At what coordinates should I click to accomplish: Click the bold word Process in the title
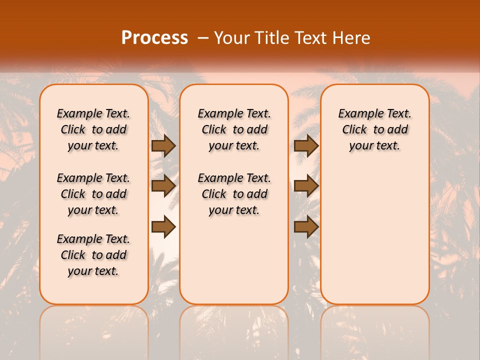(x=154, y=38)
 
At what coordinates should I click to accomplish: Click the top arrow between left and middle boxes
(x=163, y=145)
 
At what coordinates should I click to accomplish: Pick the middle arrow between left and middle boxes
(x=163, y=186)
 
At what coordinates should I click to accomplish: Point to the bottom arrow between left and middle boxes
(x=163, y=227)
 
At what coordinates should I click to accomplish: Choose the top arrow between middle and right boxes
(x=306, y=145)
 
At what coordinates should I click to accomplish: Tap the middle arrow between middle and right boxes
(x=306, y=186)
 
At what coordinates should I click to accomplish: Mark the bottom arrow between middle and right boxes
(x=306, y=227)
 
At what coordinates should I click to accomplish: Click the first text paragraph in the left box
(x=93, y=129)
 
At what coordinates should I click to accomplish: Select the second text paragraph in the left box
(x=93, y=194)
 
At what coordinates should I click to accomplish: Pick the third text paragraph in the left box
(x=93, y=255)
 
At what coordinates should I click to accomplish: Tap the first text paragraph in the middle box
(x=234, y=129)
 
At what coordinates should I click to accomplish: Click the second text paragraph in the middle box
(x=234, y=194)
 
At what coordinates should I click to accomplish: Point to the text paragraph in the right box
(x=375, y=129)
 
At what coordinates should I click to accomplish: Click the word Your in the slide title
(x=231, y=38)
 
